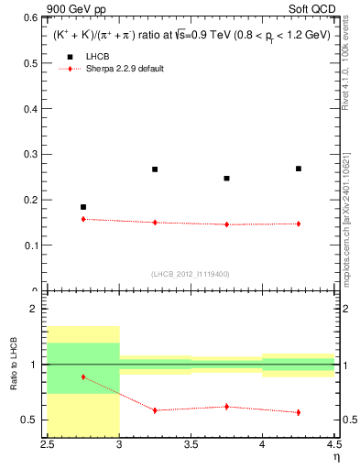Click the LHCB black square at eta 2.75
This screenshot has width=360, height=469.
click(x=83, y=207)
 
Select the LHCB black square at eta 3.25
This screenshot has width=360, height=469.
click(x=155, y=169)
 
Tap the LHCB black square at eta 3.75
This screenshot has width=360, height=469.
click(x=227, y=179)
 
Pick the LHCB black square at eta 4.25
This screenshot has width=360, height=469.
click(x=299, y=169)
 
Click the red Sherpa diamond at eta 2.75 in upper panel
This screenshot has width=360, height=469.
click(x=83, y=219)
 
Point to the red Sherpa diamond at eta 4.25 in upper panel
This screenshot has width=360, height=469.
click(x=299, y=224)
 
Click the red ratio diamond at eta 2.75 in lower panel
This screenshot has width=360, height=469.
click(x=83, y=376)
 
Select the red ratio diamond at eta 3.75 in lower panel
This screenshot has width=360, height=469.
click(x=227, y=406)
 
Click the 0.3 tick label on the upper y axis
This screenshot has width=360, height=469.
click(x=35, y=154)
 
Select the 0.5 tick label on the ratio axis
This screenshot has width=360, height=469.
click(x=35, y=420)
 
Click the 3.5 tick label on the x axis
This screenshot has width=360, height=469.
click(x=191, y=445)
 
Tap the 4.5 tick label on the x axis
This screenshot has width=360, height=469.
click(x=333, y=445)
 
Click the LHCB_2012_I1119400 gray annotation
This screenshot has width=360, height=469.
click(x=191, y=274)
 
